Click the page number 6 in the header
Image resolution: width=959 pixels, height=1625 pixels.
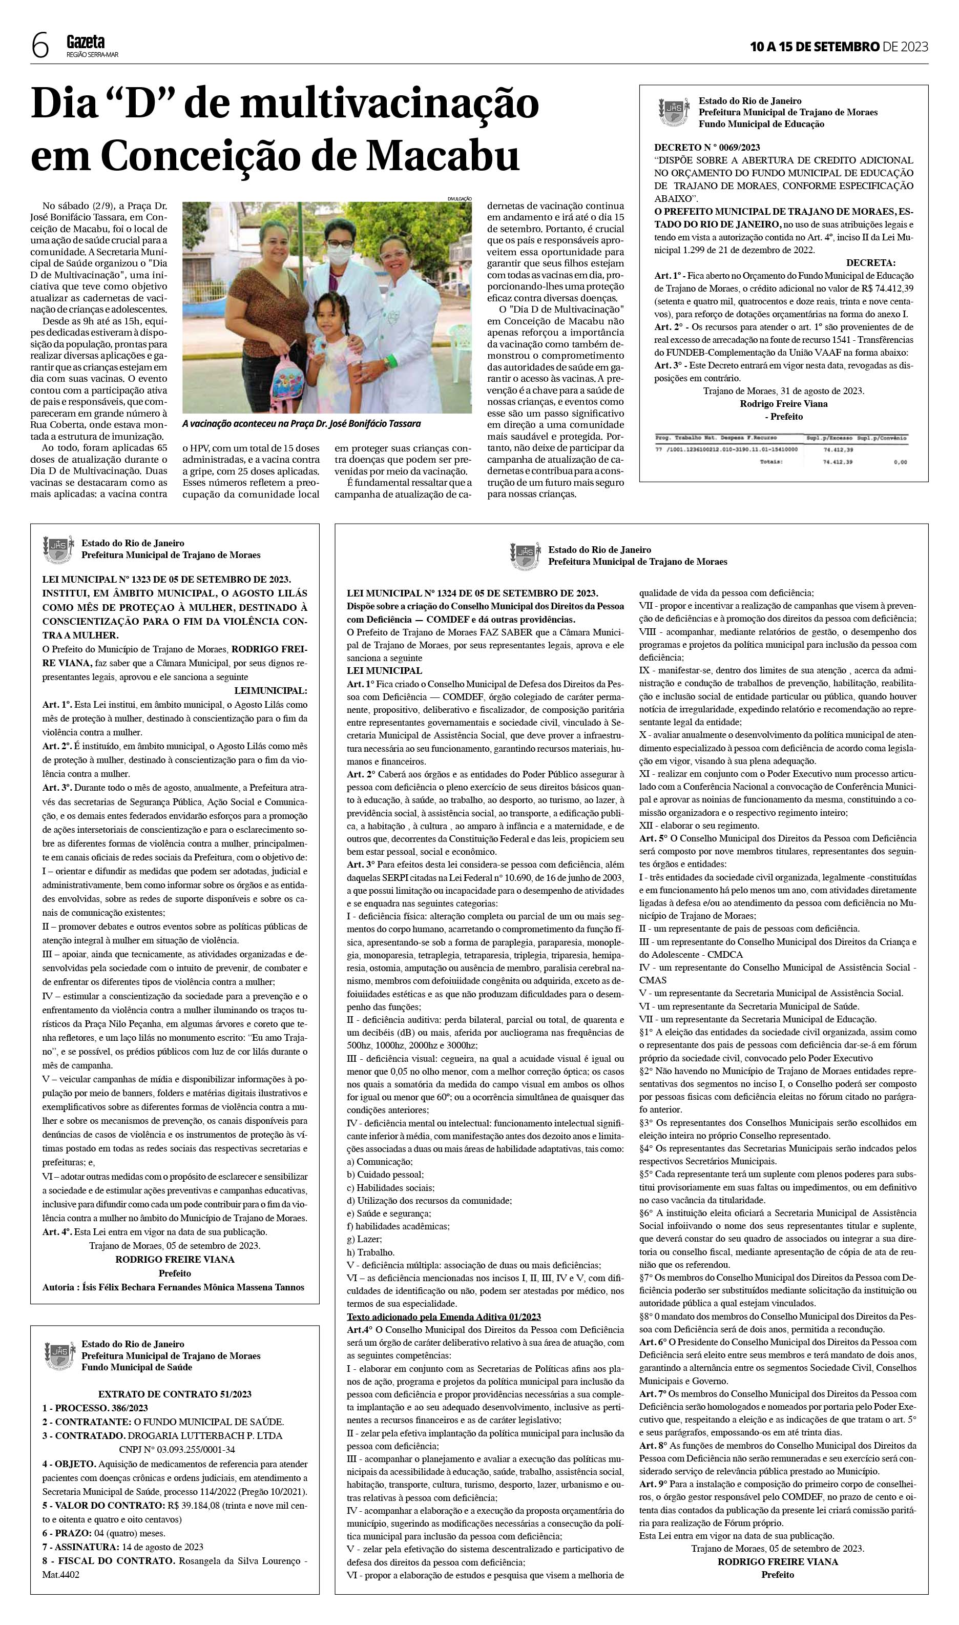click(40, 47)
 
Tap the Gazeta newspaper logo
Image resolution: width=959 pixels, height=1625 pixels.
click(86, 43)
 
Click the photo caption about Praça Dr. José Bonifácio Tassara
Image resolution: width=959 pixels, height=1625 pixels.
click(301, 424)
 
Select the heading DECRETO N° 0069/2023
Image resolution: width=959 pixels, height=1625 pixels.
click(707, 148)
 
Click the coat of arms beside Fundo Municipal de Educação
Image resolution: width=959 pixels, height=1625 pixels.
click(672, 111)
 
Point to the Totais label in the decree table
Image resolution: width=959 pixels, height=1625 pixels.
click(771, 462)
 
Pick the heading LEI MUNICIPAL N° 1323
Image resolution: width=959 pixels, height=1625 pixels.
click(166, 579)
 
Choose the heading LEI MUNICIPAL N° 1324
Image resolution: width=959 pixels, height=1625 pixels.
click(472, 593)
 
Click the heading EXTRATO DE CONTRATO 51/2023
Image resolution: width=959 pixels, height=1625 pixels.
click(175, 1394)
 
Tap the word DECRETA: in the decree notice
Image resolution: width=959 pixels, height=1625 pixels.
click(870, 263)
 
